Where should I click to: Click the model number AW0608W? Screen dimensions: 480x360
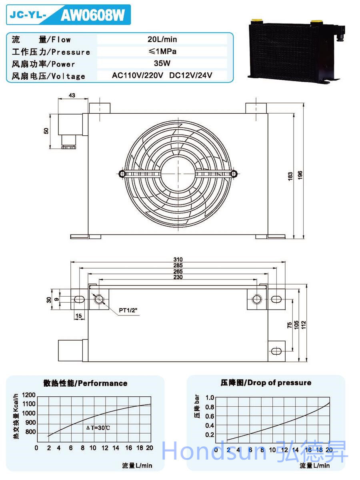tap(92, 16)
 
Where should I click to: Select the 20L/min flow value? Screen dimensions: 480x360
tap(162, 39)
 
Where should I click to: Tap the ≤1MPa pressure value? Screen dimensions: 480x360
tap(162, 51)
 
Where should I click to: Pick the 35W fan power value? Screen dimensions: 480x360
tap(162, 63)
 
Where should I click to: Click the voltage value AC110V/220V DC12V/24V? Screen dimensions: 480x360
tap(162, 75)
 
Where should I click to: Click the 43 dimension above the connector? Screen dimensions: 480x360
tap(72, 96)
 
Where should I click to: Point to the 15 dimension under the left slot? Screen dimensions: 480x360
tap(78, 316)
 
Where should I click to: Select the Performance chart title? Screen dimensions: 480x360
tap(85, 383)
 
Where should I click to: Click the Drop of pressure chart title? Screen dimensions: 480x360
tap(266, 383)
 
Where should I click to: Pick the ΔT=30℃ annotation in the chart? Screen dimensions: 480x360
tap(98, 428)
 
